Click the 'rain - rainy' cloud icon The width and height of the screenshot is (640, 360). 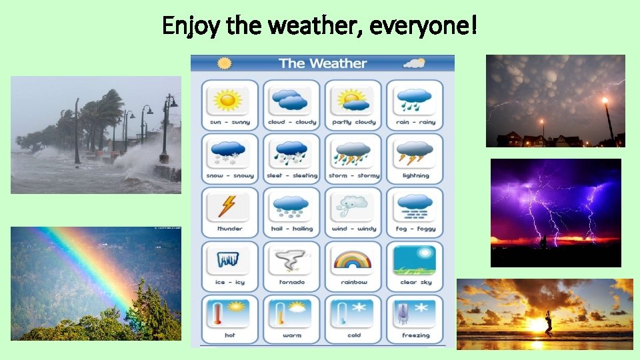tap(415, 101)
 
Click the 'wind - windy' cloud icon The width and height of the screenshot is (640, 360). tap(353, 207)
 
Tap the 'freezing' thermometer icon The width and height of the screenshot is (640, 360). tap(415, 313)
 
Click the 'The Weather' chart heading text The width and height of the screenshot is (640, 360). tap(323, 63)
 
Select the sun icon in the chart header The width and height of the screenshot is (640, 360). tap(225, 63)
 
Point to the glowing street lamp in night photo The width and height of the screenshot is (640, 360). tap(605, 101)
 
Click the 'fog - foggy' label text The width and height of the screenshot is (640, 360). tap(415, 229)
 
